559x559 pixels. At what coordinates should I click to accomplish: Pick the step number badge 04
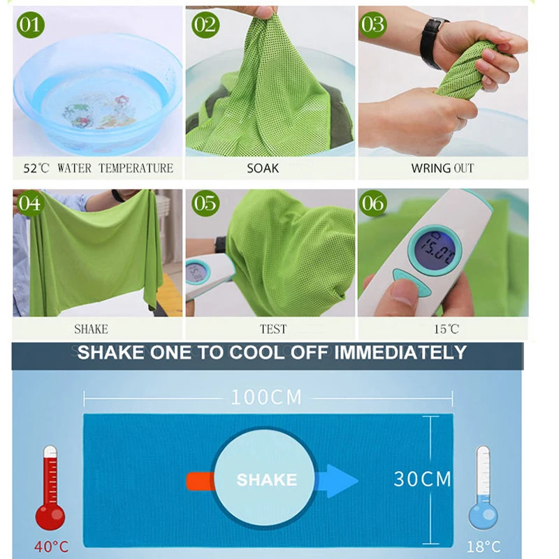tap(30, 204)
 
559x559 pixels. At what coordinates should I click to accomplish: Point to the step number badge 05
tap(205, 204)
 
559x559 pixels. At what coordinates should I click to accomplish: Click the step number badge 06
tap(373, 203)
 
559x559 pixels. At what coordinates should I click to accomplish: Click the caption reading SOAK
tap(263, 168)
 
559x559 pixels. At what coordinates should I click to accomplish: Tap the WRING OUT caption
tap(442, 168)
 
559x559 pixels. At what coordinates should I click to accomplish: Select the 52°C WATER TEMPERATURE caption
tap(97, 168)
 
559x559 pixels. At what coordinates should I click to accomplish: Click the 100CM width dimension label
tap(266, 398)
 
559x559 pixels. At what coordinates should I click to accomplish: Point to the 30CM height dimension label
tap(422, 479)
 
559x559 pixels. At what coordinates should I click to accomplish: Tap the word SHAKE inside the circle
tap(266, 480)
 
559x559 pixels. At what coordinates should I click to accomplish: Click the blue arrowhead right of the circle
tap(342, 480)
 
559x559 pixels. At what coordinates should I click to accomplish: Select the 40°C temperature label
tap(51, 546)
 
